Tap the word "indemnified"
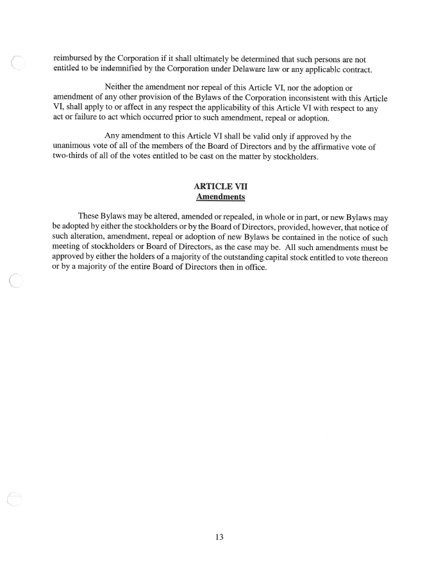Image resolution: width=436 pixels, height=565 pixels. [x=129, y=69]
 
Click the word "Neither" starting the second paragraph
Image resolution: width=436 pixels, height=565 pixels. [x=118, y=87]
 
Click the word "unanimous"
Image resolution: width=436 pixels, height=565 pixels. [x=76, y=147]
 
